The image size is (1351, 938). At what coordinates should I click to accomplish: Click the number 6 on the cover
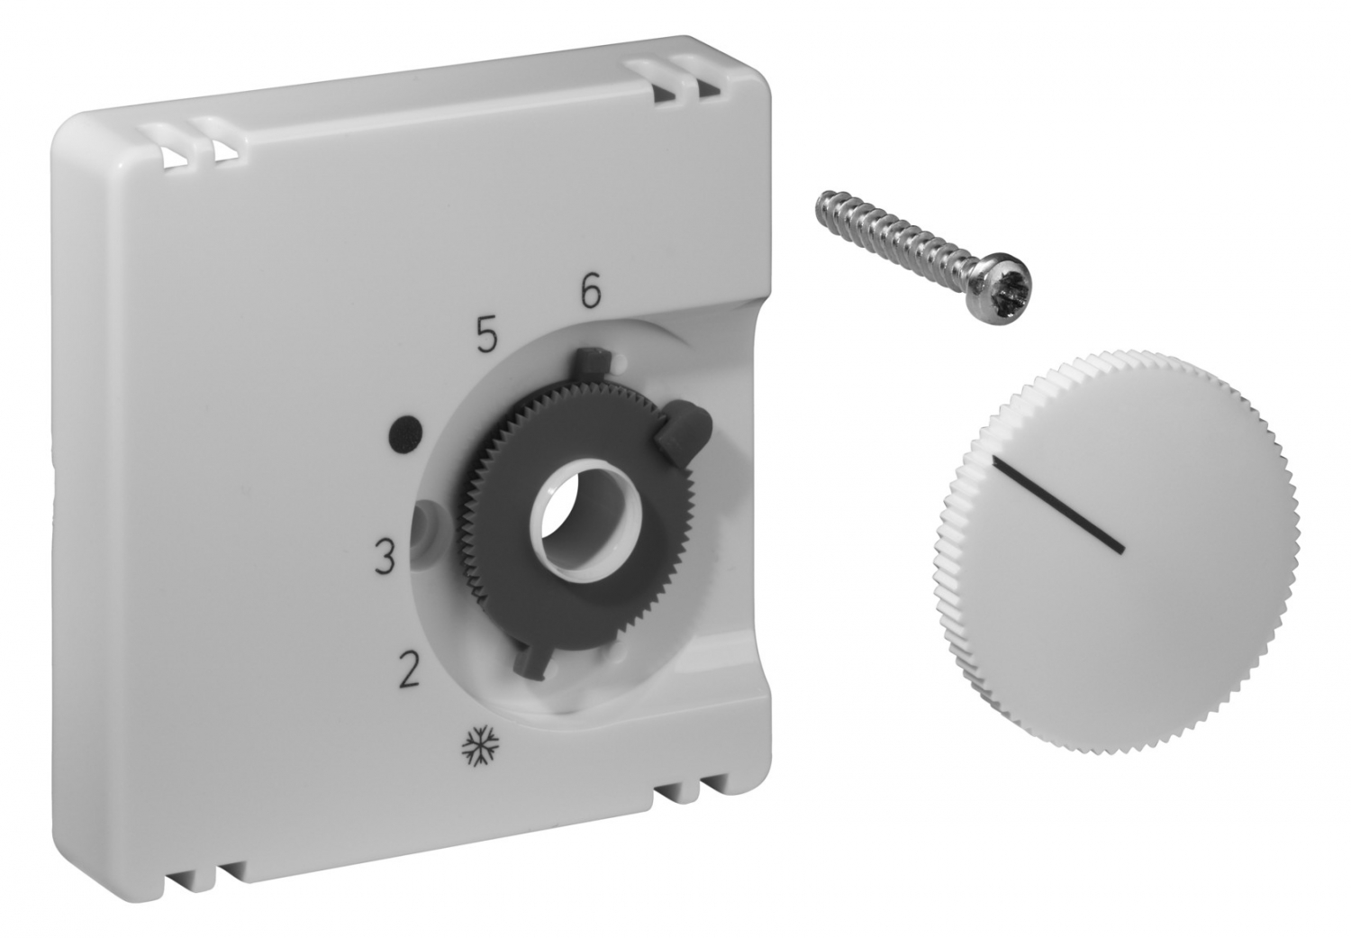coord(591,293)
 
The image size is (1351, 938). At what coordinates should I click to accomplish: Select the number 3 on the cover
coord(385,558)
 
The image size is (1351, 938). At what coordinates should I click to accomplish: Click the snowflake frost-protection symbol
coord(477,751)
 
